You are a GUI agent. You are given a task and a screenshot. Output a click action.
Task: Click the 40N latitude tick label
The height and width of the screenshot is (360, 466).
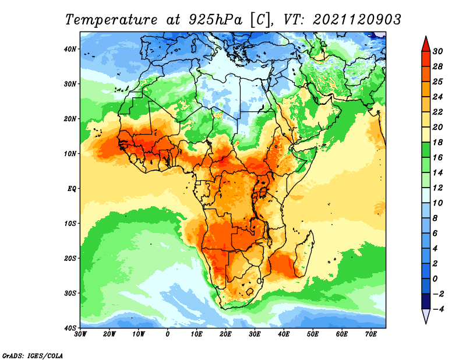(70, 49)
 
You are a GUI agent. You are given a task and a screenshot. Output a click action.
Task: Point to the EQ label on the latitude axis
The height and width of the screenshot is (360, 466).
(72, 189)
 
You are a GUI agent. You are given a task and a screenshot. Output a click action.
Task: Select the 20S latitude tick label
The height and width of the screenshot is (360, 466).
(70, 258)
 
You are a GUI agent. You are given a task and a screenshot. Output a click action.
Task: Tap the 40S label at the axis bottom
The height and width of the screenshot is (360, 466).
(70, 328)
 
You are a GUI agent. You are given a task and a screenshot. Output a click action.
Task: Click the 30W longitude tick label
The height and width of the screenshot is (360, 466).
(80, 334)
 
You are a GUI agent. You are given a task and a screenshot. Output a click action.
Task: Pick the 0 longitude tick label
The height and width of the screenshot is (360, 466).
(168, 334)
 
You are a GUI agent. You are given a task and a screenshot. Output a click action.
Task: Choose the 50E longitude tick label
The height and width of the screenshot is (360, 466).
(313, 334)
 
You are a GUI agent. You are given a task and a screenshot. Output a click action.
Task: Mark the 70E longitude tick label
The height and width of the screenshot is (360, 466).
(371, 334)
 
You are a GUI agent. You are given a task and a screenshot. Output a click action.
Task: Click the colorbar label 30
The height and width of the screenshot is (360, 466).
(437, 51)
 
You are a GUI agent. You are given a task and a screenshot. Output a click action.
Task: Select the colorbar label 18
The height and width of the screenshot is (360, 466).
(437, 142)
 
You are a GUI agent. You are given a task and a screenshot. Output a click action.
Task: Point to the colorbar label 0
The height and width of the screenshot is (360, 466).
(435, 279)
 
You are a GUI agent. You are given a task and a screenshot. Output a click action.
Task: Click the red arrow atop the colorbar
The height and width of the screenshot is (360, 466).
(426, 44)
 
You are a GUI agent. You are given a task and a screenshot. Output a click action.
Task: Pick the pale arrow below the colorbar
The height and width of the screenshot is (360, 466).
(426, 316)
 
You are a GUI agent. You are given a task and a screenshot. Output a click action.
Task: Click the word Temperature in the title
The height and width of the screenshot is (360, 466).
(111, 20)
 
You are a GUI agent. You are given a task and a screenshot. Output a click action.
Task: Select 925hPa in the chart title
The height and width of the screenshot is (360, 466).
(215, 20)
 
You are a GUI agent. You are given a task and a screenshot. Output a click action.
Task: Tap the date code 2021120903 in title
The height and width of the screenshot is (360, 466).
(357, 20)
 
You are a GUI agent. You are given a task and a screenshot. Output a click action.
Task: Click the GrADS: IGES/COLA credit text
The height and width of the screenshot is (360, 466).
(33, 356)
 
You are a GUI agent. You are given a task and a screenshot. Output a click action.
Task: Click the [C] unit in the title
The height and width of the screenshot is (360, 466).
(260, 20)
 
